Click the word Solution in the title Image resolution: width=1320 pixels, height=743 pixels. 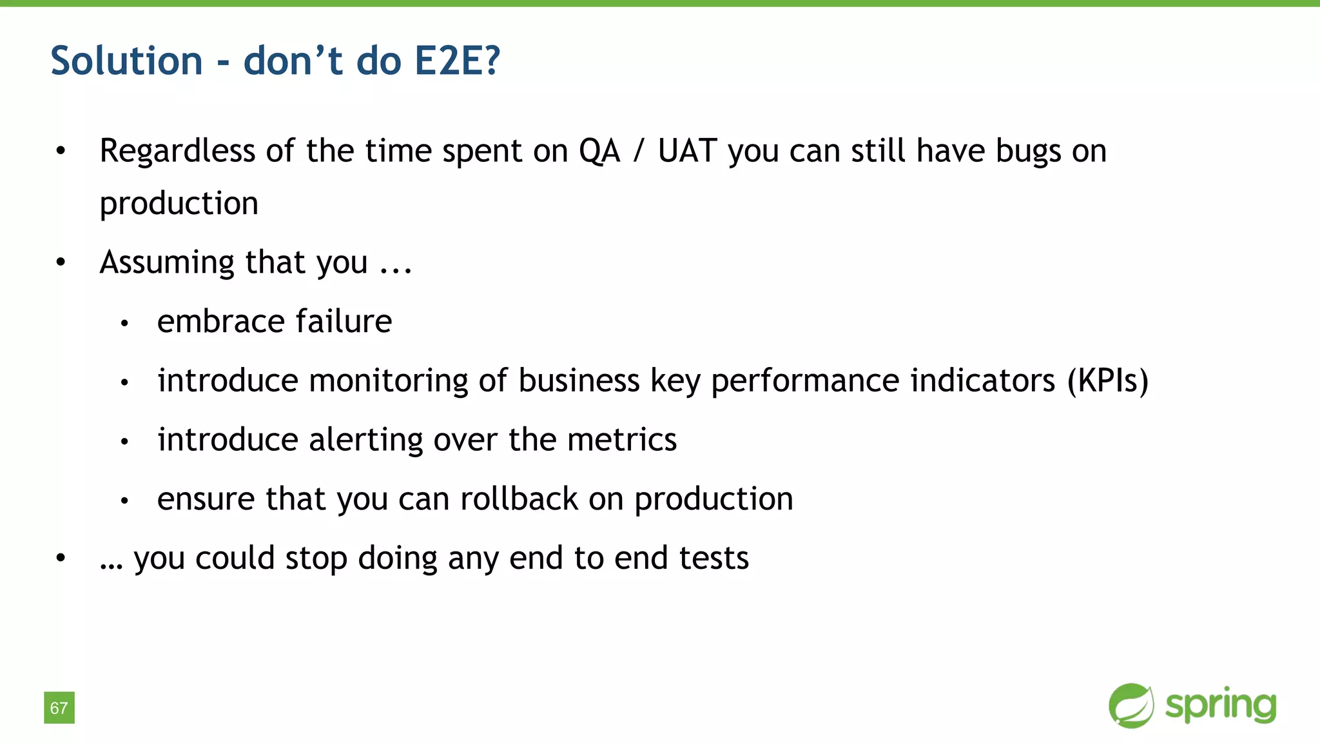point(126,61)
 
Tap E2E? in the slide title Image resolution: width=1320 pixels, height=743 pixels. point(457,61)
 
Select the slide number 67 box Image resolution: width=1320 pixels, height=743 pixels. point(59,708)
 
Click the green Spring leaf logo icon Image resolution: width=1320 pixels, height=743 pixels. point(1131,706)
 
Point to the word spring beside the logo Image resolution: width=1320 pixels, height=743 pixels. point(1221,706)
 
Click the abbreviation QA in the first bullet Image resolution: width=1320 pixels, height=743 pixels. point(599,151)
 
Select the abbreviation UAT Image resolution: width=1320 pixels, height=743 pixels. point(687,151)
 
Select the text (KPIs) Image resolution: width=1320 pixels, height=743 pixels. point(1108,381)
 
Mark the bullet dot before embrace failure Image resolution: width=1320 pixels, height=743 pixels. point(125,322)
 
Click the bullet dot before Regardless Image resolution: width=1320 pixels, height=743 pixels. point(61,152)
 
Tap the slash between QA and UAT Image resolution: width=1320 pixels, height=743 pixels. point(638,151)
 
